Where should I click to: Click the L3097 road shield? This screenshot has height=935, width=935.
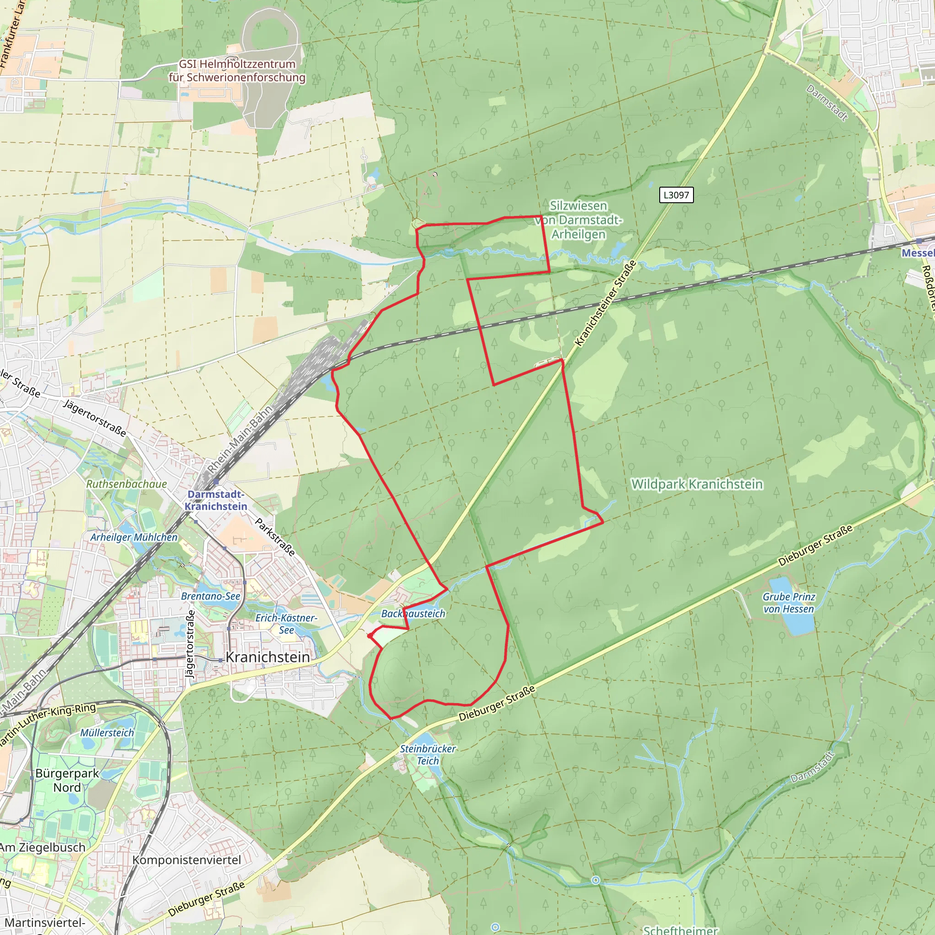point(676,195)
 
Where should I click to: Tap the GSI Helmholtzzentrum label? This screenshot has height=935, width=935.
point(237,71)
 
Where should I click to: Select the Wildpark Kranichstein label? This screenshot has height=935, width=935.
point(697,484)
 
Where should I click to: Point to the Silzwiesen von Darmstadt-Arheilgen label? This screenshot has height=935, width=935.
point(578,220)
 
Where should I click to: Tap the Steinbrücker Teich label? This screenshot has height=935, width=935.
point(428,755)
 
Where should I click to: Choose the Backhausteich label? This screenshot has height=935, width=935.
point(413,614)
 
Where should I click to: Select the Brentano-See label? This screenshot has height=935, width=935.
point(210,596)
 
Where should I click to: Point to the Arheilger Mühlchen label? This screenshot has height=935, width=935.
point(134,537)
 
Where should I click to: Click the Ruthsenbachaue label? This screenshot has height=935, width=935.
point(126,484)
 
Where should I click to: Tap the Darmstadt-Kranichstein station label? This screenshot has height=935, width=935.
point(216,500)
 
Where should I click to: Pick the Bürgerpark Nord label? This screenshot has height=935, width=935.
point(67,780)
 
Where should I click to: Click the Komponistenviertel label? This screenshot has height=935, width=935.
point(187,860)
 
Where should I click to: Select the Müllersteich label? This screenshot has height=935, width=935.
point(107,733)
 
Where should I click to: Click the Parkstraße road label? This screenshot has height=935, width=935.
point(275,537)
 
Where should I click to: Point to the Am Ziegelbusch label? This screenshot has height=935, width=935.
point(42,847)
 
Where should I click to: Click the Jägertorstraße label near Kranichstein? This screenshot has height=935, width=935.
point(191,643)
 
